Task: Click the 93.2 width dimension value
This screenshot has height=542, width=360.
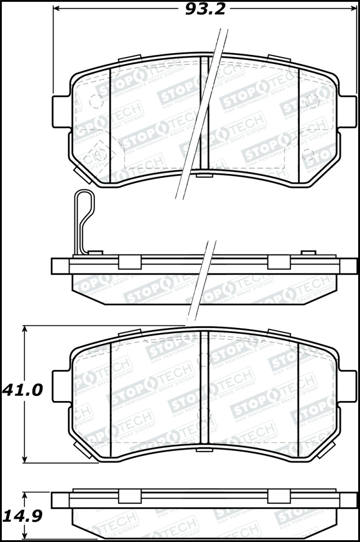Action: tap(205, 9)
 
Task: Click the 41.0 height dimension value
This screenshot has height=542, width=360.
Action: tap(22, 389)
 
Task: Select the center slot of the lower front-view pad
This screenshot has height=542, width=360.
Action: tap(205, 389)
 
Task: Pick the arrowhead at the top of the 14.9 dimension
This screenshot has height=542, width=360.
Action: tap(25, 495)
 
